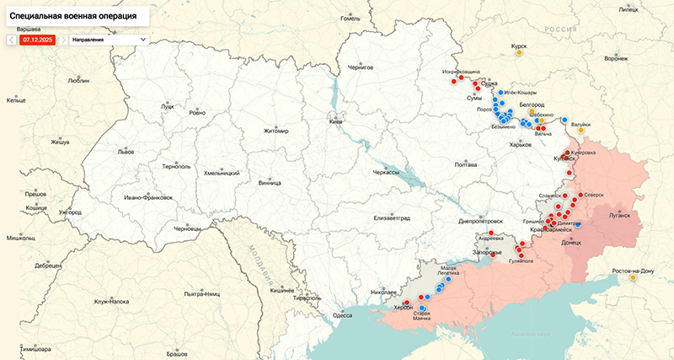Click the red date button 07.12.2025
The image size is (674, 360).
(38, 39)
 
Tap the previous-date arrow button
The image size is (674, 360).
(11, 39)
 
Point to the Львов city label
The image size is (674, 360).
(126, 153)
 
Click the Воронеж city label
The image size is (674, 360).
(616, 59)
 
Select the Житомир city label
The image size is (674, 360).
(275, 131)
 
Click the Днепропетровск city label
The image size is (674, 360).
(480, 221)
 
